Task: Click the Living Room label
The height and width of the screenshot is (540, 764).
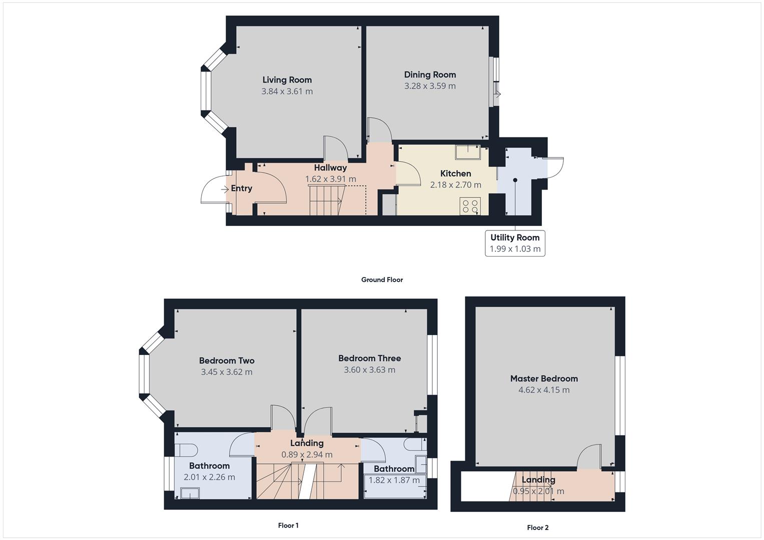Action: pos(287,80)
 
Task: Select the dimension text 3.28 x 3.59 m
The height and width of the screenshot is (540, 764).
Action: pos(430,86)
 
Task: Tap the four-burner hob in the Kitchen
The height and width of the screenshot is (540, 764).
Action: pos(470,206)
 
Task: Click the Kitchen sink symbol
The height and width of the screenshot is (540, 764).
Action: pos(467,151)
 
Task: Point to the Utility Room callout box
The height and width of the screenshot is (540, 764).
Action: pos(515,243)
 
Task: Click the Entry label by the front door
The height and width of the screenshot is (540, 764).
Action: pos(241,188)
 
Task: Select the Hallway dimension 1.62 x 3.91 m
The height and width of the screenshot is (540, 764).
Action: pos(330,179)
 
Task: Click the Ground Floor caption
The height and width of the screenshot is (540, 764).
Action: pos(382,280)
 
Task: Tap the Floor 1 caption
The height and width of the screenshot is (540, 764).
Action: pos(288,525)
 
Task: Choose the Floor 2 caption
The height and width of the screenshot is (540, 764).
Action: pos(537,527)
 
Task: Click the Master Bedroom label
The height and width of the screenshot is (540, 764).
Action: pos(544,379)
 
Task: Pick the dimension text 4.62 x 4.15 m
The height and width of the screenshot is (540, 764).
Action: pos(544,390)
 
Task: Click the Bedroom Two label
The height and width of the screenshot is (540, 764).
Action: pos(227,360)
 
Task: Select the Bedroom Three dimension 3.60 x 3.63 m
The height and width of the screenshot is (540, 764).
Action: pos(369,370)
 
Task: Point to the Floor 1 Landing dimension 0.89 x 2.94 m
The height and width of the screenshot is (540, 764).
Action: pos(307,454)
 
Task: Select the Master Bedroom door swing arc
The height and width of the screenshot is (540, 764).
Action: pos(588,456)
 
